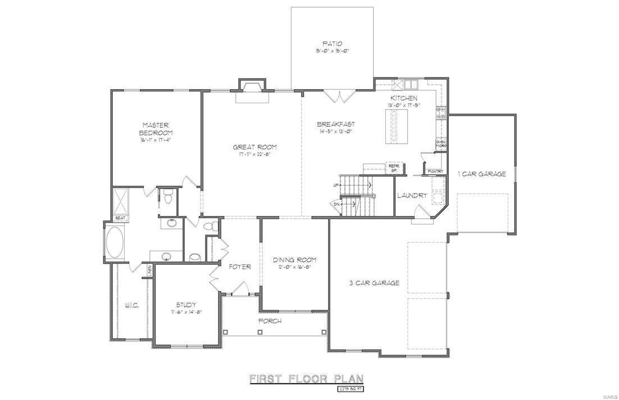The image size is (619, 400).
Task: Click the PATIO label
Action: coord(332,43)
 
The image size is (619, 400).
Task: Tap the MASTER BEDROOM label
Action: coord(156,128)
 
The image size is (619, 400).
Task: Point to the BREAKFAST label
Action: coord(335,125)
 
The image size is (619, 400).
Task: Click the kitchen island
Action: coord(395,126)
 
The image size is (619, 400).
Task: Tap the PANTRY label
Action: coord(435,171)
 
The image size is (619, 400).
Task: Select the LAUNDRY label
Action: coord(412,196)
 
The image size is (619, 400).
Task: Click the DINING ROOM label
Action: coord(294,260)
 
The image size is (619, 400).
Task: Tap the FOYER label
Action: coord(239,267)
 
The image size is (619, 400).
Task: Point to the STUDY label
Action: coord(186,305)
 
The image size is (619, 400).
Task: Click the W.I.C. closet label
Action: coord(131,305)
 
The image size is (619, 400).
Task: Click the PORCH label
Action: coord(270,321)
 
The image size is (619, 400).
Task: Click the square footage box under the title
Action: coord(350,388)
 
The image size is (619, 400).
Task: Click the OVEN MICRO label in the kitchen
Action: coord(441,144)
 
